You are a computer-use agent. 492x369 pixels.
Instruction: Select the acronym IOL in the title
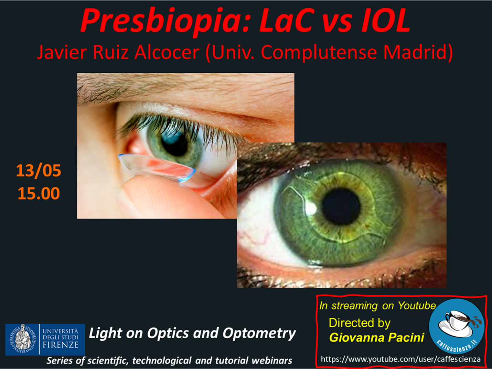(x=386, y=21)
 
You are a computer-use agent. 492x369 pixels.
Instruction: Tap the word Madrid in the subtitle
(x=418, y=52)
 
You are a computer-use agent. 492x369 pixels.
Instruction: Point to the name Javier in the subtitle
(x=62, y=52)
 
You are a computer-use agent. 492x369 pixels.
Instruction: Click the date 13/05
(x=39, y=171)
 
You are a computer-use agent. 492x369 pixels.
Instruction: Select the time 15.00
(x=39, y=193)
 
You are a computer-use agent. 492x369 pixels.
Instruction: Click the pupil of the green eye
(x=341, y=206)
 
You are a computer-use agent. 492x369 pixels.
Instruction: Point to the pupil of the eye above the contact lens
(x=174, y=144)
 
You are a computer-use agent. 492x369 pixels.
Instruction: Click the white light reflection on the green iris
(x=311, y=207)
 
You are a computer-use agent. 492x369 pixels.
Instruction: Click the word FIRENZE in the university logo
(x=61, y=345)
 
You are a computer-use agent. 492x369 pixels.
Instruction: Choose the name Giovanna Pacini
(x=377, y=337)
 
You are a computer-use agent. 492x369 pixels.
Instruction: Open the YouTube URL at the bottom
(x=400, y=359)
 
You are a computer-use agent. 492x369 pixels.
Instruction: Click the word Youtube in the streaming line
(x=417, y=306)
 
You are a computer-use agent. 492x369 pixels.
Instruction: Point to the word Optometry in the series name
(x=259, y=334)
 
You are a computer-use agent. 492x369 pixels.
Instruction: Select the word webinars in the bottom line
(x=272, y=361)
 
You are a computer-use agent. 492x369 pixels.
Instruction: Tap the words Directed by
(x=360, y=323)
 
